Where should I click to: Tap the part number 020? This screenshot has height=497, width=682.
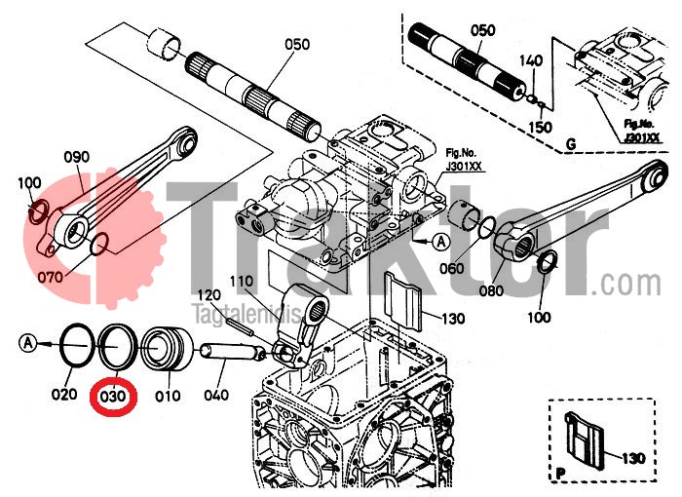pos(64,395)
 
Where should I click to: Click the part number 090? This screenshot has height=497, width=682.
pos(77,157)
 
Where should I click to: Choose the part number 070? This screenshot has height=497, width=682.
pos(51,277)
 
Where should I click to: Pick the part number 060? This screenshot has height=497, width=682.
pos(450,268)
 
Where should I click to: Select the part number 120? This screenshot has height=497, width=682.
pos(210,294)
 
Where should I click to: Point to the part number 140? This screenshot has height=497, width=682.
pos(531,60)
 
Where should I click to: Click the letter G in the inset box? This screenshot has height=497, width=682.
pos(570,146)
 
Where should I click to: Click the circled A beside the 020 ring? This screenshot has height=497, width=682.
pos(29,342)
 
